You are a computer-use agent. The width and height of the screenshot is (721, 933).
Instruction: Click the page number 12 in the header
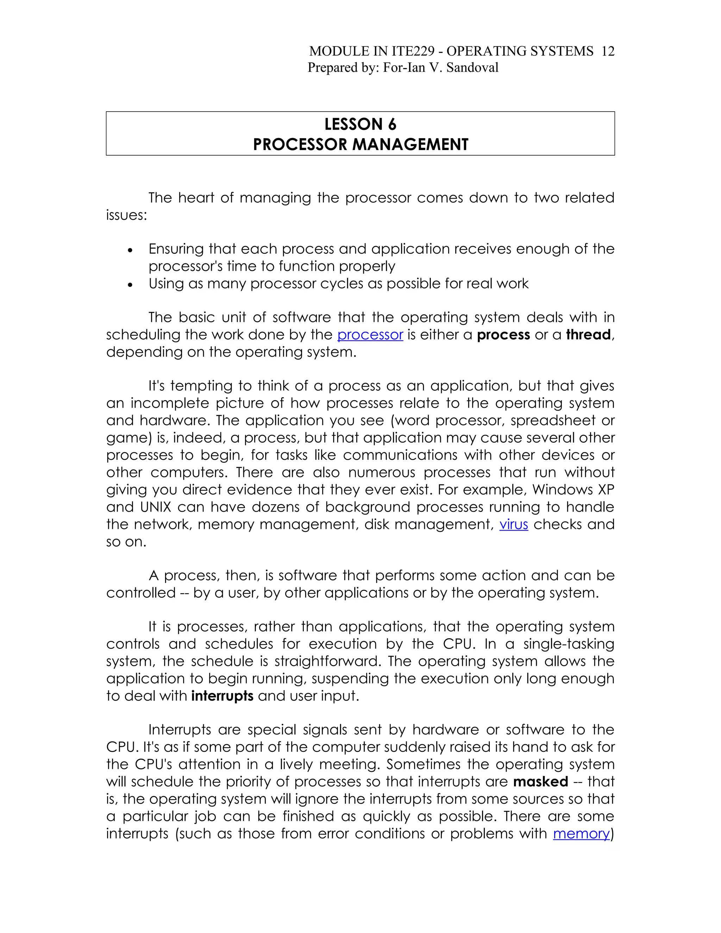607,51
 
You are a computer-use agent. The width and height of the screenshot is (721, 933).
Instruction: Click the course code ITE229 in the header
413,51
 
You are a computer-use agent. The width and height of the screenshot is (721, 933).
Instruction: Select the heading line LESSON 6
360,124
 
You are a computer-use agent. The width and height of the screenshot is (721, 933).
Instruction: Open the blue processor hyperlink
370,334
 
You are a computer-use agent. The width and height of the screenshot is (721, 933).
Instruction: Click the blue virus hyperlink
513,524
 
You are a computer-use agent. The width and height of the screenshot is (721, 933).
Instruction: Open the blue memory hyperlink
581,833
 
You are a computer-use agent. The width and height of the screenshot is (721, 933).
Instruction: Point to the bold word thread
588,334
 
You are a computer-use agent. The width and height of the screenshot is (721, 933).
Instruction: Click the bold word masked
540,782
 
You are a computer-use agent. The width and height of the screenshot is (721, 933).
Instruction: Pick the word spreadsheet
553,420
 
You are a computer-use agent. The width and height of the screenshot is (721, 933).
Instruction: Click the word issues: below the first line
126,215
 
